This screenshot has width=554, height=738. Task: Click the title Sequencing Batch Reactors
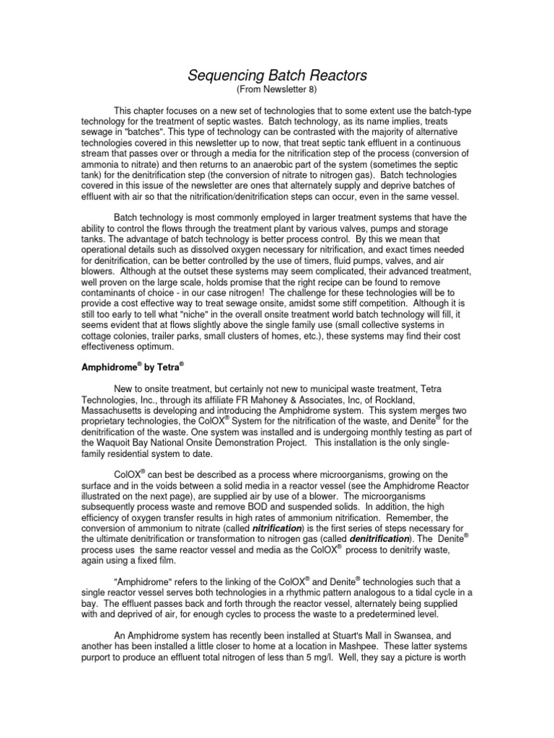277,76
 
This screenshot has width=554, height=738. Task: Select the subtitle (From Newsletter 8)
277,90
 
